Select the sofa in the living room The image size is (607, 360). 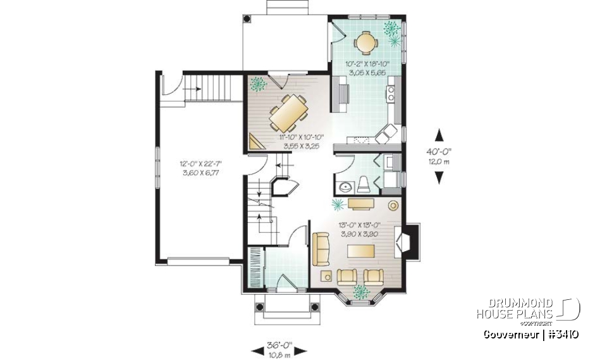click(x=320, y=249)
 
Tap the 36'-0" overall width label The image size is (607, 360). click(x=278, y=345)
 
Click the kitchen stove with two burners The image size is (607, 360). click(x=392, y=95)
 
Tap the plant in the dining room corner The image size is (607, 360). click(x=257, y=84)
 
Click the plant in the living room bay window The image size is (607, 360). click(x=362, y=292)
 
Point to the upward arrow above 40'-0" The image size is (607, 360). click(x=438, y=134)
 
